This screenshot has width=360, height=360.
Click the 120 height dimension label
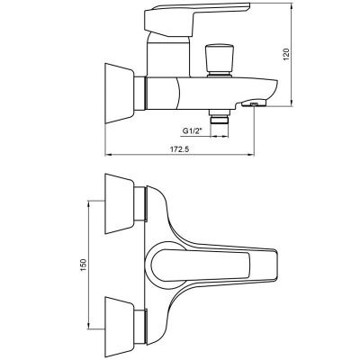pos(286,54)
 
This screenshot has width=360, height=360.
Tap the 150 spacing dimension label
pos(83,265)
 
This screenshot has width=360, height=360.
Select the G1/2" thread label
pos(193,131)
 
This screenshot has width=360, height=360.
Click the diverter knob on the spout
pos(220,61)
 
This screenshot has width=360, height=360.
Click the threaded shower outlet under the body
pos(220,117)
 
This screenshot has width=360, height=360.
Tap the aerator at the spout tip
pos(254,104)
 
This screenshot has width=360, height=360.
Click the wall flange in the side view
pos(120,93)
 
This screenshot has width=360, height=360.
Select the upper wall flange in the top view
pos(120,203)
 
